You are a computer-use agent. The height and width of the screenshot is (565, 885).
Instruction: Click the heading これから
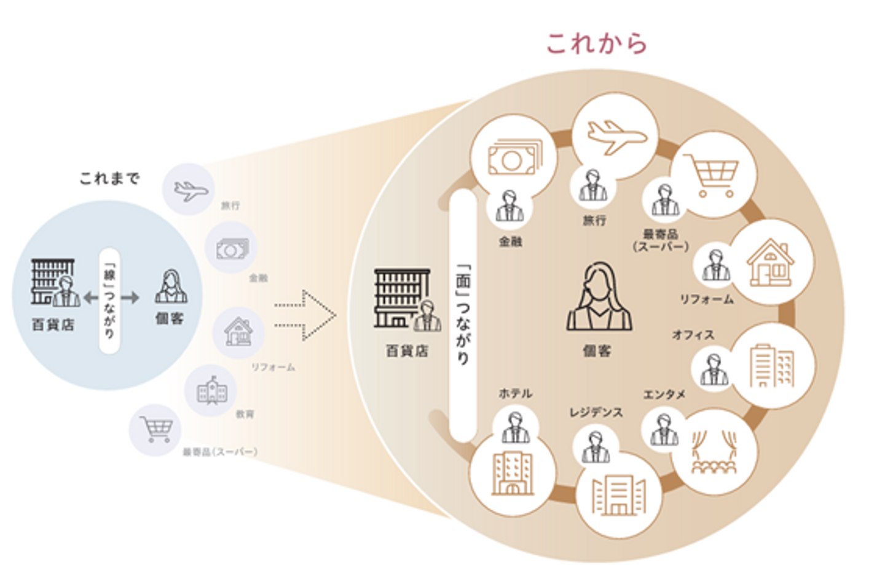[x=597, y=44]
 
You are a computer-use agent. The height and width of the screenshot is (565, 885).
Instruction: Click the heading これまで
[x=109, y=178]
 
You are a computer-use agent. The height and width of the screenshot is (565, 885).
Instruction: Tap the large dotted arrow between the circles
[x=305, y=315]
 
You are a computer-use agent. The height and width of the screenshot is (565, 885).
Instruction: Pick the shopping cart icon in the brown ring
[x=712, y=175]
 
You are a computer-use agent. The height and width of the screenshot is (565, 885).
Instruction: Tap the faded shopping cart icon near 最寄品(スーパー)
[x=155, y=429]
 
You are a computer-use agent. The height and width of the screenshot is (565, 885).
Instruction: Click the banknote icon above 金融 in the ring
[x=514, y=158]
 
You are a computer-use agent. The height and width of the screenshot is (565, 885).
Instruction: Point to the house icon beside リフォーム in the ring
[x=771, y=263]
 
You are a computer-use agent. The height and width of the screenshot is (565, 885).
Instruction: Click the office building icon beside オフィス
[x=772, y=365]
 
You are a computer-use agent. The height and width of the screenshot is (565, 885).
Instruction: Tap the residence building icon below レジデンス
[x=619, y=494]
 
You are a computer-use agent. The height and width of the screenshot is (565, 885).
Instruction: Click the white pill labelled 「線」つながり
[x=109, y=301]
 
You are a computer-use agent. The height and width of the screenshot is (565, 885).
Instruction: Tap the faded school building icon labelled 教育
[x=211, y=390]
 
